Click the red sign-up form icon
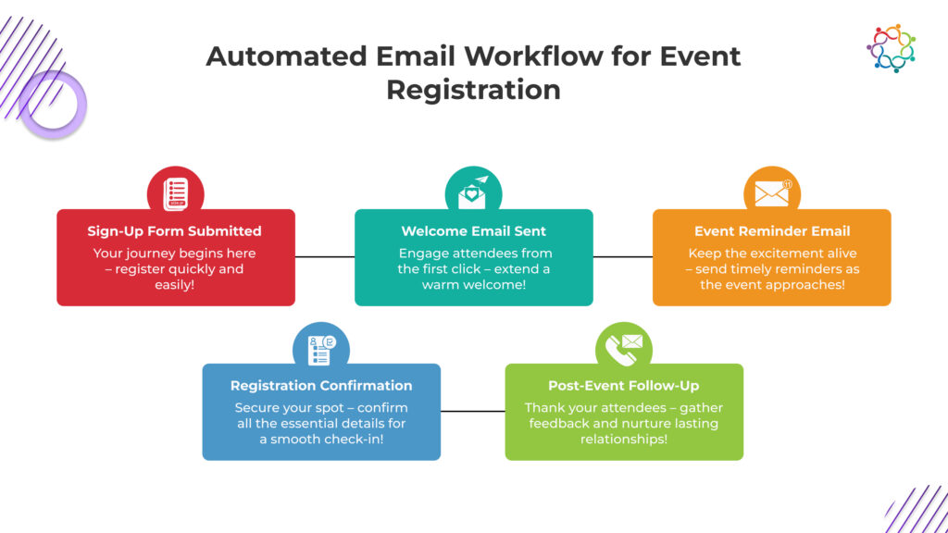pyautogui.click(x=176, y=193)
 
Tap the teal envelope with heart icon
pyautogui.click(x=473, y=193)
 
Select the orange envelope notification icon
pyautogui.click(x=772, y=193)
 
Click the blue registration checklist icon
pyautogui.click(x=321, y=349)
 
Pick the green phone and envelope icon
pyautogui.click(x=624, y=349)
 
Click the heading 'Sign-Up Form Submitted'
pyautogui.click(x=175, y=231)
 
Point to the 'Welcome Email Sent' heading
pyautogui.click(x=473, y=231)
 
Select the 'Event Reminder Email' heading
pyautogui.click(x=772, y=231)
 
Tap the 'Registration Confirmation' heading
pyautogui.click(x=321, y=385)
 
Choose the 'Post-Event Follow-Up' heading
pyautogui.click(x=624, y=385)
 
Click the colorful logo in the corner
pyautogui.click(x=891, y=48)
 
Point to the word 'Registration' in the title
pyautogui.click(x=473, y=90)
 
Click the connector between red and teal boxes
pyautogui.click(x=325, y=256)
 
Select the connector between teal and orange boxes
pyautogui.click(x=623, y=256)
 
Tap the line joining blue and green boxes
pyautogui.click(x=472, y=411)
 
